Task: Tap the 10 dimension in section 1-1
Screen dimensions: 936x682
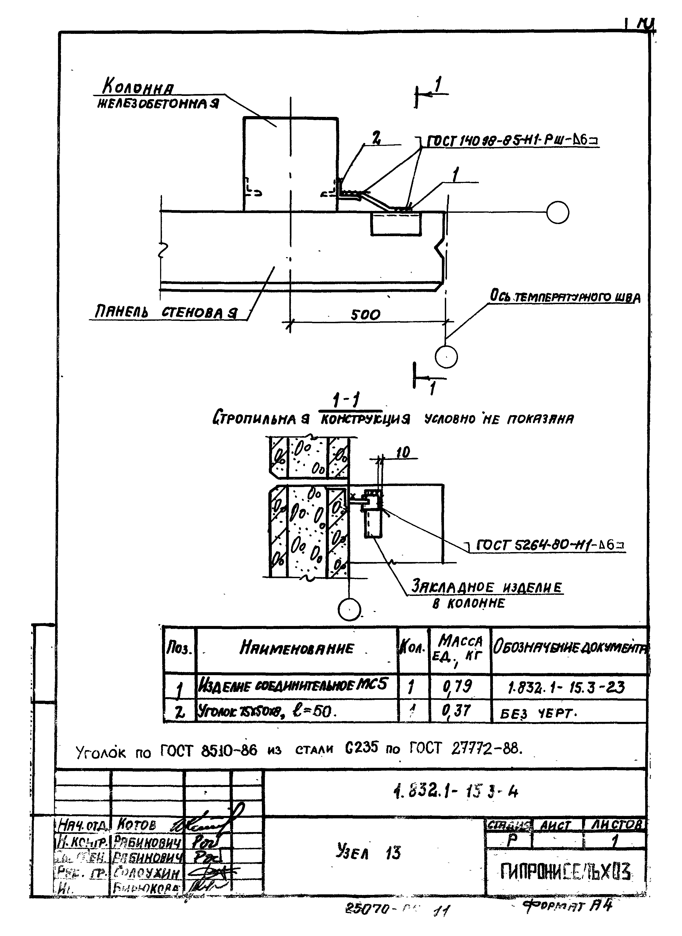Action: pyautogui.click(x=403, y=453)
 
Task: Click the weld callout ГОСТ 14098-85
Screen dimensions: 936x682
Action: pyautogui.click(x=512, y=141)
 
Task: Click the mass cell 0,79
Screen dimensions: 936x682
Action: pyautogui.click(x=457, y=686)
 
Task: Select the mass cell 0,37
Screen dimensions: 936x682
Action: pyautogui.click(x=456, y=711)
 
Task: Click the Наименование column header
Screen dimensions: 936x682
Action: pyautogui.click(x=297, y=649)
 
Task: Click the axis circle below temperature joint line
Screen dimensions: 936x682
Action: pyautogui.click(x=446, y=356)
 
